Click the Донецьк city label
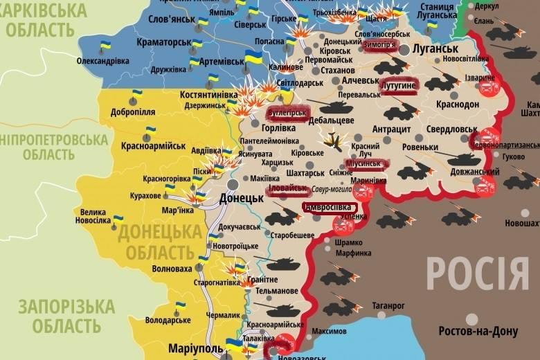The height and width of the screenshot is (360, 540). pos(241,198)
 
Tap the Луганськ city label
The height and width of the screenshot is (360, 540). pos(435,49)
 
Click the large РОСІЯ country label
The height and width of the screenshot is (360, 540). pos(477,273)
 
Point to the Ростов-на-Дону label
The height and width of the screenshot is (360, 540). pos(478,332)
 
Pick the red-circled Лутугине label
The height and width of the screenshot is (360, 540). pos(398,84)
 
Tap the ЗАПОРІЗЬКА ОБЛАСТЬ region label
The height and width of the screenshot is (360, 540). pos(66,316)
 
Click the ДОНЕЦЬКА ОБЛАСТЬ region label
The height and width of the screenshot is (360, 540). pos(156,242)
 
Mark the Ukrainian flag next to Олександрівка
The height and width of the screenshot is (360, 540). pos(106,47)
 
